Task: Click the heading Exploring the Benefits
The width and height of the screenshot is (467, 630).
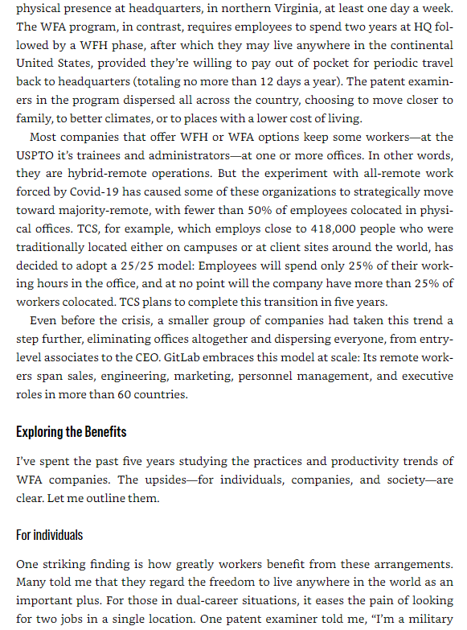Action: (x=71, y=432)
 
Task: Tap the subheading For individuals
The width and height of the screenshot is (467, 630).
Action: (x=49, y=534)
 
